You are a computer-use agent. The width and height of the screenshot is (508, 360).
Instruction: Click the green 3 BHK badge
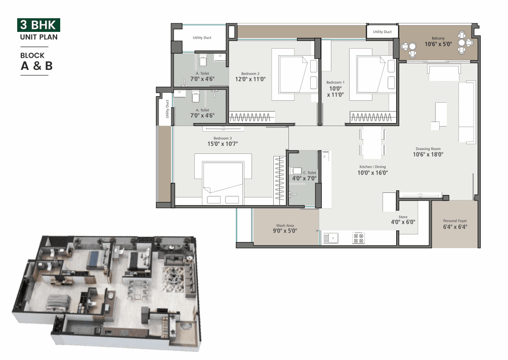(38, 25)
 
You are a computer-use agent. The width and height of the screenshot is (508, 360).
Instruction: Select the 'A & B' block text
(36, 66)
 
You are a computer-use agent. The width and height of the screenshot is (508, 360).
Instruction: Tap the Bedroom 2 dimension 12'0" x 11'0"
(250, 79)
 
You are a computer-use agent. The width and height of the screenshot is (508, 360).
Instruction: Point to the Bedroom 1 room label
(335, 83)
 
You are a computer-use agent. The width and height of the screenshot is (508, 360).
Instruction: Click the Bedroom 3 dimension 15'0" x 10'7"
(223, 144)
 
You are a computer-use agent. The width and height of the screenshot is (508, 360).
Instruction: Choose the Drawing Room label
(428, 149)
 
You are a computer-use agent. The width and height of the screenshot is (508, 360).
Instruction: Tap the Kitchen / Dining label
(372, 167)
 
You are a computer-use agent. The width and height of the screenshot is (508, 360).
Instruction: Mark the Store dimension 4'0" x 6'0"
(403, 222)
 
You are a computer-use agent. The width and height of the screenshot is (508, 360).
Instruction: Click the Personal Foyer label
(455, 221)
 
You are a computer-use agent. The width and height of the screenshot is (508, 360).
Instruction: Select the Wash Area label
(285, 225)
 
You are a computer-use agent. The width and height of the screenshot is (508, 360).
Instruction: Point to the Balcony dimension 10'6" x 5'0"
(438, 44)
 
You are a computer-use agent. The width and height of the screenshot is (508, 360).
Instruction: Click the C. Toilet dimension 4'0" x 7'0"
(304, 178)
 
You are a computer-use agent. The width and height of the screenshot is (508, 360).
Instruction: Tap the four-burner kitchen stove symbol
(358, 238)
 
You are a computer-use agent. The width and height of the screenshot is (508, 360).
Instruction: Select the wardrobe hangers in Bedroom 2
(250, 117)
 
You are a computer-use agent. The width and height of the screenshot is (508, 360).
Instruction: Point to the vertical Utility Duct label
(167, 109)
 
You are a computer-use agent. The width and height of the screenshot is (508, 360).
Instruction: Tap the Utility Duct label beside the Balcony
(383, 32)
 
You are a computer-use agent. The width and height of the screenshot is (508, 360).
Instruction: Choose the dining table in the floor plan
(372, 142)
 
